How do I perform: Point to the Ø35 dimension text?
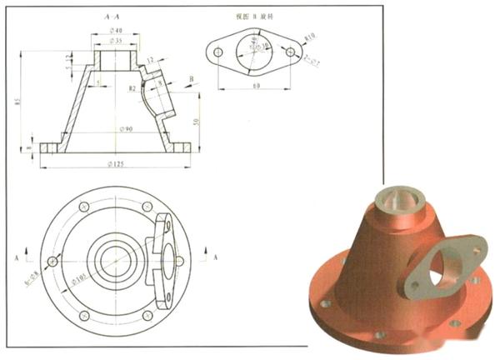115,41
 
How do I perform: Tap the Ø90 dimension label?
126,129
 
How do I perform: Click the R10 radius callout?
310,37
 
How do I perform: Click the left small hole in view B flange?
218,52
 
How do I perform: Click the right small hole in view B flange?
291,52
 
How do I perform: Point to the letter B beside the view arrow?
191,79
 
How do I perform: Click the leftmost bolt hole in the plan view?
52,262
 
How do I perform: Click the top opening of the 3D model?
391,198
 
